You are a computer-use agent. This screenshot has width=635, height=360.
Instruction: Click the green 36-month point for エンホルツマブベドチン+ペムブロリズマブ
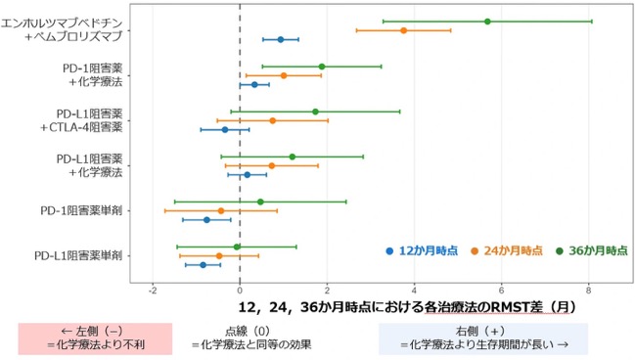tap(487, 22)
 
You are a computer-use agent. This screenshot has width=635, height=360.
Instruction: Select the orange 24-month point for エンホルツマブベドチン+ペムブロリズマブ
tap(403, 30)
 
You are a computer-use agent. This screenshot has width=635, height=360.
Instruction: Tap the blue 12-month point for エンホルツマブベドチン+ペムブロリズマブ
tap(281, 40)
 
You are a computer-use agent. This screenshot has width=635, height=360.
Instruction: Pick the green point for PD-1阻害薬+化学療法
tap(322, 67)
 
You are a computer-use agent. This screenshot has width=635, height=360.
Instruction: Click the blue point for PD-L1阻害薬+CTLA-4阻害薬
tap(225, 130)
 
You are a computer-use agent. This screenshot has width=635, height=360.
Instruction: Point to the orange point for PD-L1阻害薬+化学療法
tap(272, 165)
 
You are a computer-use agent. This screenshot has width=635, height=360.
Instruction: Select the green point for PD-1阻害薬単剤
tap(260, 202)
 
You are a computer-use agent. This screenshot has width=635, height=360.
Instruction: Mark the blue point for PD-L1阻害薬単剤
tap(204, 265)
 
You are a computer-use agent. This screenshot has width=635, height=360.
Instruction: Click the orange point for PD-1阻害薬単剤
tap(221, 211)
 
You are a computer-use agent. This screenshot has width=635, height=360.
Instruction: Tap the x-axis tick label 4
tap(414, 291)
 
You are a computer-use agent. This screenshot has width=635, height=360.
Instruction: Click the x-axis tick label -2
tap(153, 291)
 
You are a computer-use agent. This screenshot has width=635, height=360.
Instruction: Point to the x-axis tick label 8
tap(588, 291)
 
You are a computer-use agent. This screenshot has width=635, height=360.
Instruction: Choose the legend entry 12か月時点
tap(422, 251)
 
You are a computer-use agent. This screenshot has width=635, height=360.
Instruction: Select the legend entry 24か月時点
tap(507, 251)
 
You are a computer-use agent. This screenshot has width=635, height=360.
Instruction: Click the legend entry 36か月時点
tap(592, 251)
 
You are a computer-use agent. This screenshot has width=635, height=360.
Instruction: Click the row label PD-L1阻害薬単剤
tap(78, 256)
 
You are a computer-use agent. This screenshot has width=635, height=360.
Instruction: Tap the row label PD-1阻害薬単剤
tap(81, 211)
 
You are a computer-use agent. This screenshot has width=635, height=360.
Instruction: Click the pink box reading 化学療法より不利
tap(95, 338)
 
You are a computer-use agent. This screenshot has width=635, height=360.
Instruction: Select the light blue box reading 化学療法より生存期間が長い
tap(483, 338)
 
